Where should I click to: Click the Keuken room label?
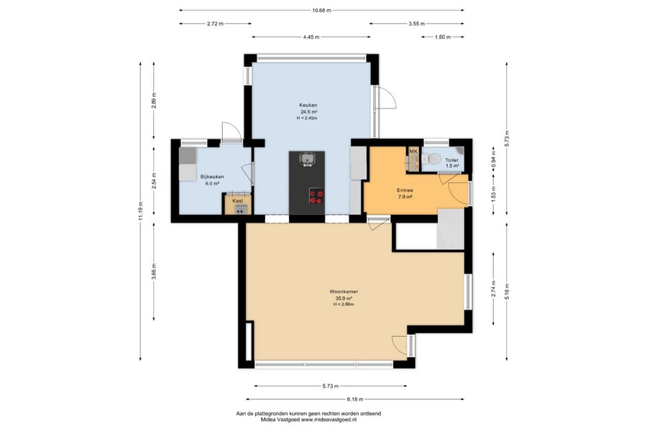[x=308, y=105]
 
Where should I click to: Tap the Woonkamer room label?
[x=344, y=292]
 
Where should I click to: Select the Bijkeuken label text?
[x=212, y=177]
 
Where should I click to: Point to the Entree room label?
[x=405, y=190]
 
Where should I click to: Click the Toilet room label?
[x=451, y=160]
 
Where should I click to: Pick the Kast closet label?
[x=238, y=201]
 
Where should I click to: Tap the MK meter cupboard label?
[x=413, y=152]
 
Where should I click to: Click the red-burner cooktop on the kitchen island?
[x=316, y=196]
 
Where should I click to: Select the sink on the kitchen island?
[x=308, y=158]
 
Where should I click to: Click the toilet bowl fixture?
[x=431, y=158]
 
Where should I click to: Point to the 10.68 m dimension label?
[x=322, y=10]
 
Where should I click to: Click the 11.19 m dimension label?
[x=141, y=211]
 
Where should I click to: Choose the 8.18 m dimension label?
[x=355, y=399]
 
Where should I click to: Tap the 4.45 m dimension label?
[x=311, y=37]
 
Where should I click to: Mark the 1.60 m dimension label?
[x=442, y=37]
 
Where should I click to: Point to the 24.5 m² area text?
[x=308, y=112]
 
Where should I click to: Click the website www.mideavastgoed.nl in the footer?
[x=329, y=420]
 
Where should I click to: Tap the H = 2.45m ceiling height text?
[x=307, y=119]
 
